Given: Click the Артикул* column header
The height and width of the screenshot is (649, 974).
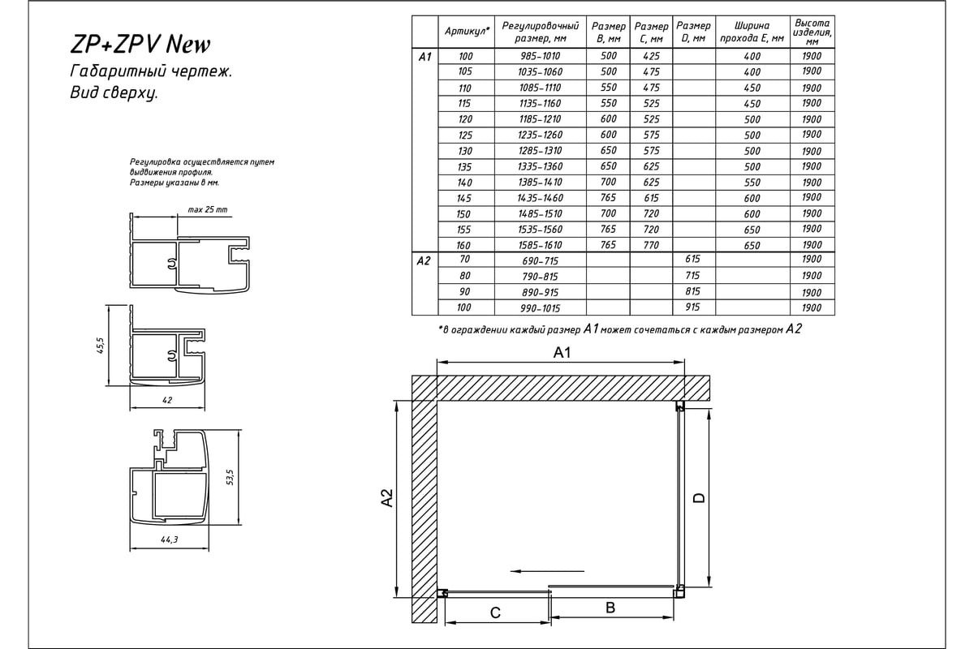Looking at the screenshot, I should (466, 31).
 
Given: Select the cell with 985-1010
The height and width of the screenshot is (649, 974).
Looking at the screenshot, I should (540, 56).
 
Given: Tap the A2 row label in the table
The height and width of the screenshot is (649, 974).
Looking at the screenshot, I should (424, 261).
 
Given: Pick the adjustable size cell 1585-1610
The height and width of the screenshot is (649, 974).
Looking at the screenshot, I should (540, 245).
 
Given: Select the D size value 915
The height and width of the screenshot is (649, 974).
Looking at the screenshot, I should (692, 307).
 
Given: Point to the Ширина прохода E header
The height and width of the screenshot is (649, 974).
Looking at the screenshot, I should (752, 31).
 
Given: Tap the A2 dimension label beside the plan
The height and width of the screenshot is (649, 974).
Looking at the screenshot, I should (387, 498).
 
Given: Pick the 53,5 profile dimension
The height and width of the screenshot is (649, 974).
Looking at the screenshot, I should (230, 476).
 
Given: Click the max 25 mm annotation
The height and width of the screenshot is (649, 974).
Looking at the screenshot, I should (208, 209).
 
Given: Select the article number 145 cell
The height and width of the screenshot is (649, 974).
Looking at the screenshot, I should (464, 198).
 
